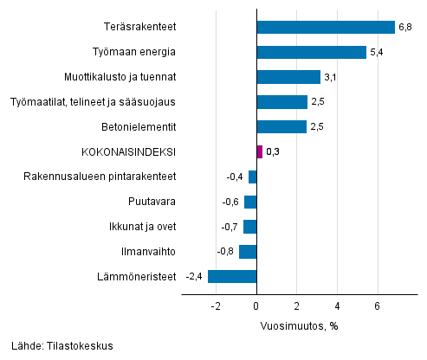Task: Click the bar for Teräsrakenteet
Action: (x=326, y=27)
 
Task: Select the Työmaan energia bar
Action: (x=312, y=52)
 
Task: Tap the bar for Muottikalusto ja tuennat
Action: (x=288, y=77)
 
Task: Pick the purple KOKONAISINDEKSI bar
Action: (x=260, y=151)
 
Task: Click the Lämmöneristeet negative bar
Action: (x=232, y=277)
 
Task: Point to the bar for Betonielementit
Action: (x=282, y=126)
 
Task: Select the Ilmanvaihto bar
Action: (x=249, y=252)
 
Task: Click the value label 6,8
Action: (x=404, y=28)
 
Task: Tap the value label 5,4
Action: (x=376, y=53)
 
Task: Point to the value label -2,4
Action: (x=195, y=278)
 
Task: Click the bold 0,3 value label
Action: (x=273, y=152)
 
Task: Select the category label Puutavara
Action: (x=154, y=202)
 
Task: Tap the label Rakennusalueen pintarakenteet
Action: (x=102, y=177)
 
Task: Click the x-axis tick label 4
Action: (x=338, y=306)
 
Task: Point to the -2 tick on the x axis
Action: (x=215, y=306)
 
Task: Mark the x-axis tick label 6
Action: (x=378, y=306)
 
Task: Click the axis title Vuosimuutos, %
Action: (x=299, y=326)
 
